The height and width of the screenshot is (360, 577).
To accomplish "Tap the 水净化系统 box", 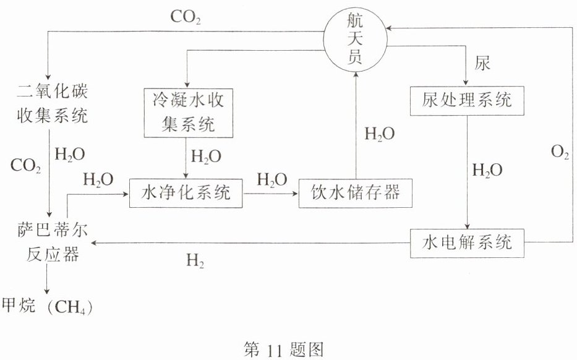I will coord(186,194).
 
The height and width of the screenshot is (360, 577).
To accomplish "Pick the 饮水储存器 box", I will coord(354,194).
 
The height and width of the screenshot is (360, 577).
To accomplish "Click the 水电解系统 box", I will coord(468,242).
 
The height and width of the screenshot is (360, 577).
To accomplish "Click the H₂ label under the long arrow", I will coord(195,262).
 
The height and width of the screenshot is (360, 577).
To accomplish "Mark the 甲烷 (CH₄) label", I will coord(50,306).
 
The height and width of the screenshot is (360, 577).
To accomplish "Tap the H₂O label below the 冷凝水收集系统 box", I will coord(206,156).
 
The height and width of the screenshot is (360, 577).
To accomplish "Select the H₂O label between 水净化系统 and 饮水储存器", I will coord(271,180).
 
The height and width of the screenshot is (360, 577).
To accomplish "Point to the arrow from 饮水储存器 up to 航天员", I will coord(356,124).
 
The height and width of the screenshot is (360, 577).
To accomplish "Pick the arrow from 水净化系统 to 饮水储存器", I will coord(271,194).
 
